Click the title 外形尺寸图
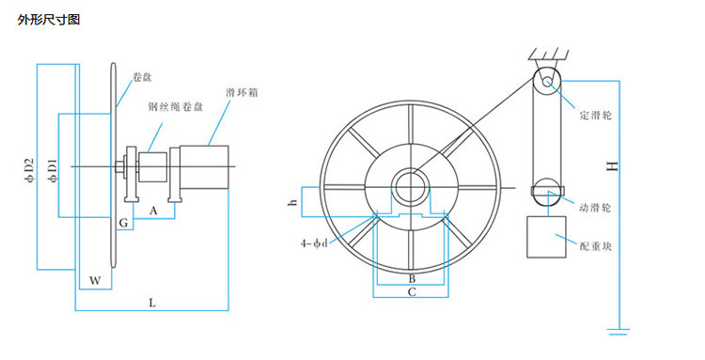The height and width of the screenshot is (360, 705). [49, 21]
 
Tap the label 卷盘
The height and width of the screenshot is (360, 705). [143, 77]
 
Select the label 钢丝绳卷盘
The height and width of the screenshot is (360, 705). [176, 106]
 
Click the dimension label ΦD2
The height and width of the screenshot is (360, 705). [30, 171]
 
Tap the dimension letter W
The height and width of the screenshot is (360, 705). [95, 281]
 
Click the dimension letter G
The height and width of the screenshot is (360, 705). [124, 223]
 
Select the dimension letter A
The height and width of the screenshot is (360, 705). [154, 211]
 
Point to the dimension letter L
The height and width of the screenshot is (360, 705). [152, 303]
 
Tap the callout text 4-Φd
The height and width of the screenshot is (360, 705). [314, 243]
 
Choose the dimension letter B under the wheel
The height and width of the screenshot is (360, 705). [412, 278]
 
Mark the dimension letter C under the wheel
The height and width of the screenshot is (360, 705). [412, 292]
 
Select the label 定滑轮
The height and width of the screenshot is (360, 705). [596, 116]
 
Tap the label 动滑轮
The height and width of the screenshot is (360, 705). [595, 208]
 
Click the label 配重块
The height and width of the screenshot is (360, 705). [596, 246]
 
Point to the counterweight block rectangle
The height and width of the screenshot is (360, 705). [546, 237]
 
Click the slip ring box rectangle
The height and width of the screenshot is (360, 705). [204, 166]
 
